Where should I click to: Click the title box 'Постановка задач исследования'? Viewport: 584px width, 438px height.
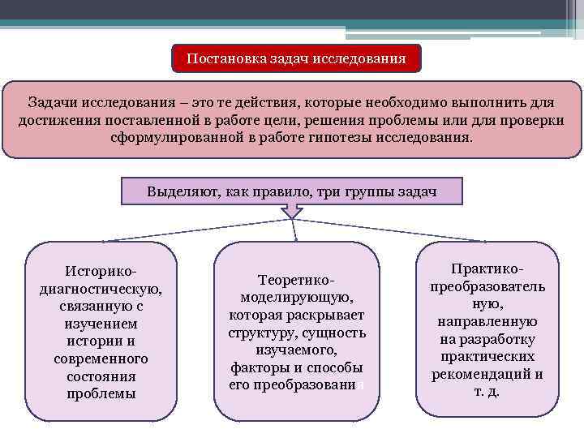tap(297, 59)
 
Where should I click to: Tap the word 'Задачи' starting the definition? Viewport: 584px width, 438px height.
tap(53, 104)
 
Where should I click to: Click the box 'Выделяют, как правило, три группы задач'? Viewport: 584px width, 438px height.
tap(292, 192)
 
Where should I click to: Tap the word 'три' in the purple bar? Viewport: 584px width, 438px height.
tap(328, 192)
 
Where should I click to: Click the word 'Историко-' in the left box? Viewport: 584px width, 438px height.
tap(101, 270)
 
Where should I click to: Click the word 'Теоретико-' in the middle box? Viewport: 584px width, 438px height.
tap(297, 279)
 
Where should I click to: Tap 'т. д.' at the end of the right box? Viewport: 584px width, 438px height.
tap(487, 392)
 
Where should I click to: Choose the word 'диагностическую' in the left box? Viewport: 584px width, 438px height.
tap(101, 288)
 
